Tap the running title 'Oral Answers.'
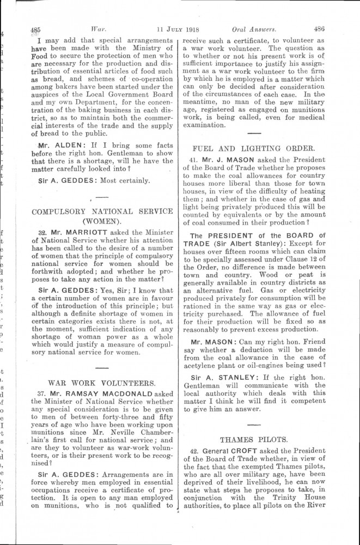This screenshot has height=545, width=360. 254,31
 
